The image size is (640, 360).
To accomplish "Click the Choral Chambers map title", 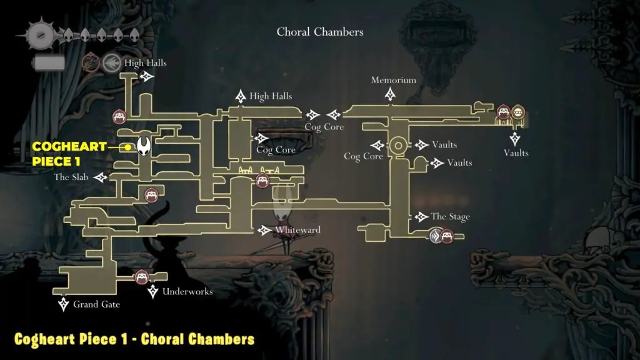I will pyautogui.click(x=320, y=31).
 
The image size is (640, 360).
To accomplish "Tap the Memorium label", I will pyautogui.click(x=393, y=80).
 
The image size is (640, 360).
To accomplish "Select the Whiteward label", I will pyautogui.click(x=297, y=230).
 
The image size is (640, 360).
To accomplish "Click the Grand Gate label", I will pyautogui.click(x=96, y=304).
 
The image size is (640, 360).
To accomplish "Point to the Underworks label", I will pyautogui.click(x=187, y=291).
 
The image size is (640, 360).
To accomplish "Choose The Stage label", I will pyautogui.click(x=450, y=217).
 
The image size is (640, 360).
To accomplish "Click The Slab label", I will pyautogui.click(x=70, y=177).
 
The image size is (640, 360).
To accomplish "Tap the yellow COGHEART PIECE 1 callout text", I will pyautogui.click(x=69, y=152).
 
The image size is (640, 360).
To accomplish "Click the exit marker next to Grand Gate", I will pyautogui.click(x=64, y=304).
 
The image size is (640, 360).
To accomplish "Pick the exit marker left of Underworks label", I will pyautogui.click(x=153, y=291).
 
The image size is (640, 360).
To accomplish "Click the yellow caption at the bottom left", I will pyautogui.click(x=134, y=339).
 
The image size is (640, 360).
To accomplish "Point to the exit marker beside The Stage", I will pyautogui.click(x=421, y=217).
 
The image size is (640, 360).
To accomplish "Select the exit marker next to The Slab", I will pyautogui.click(x=100, y=177).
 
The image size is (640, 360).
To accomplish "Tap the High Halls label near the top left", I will pyautogui.click(x=145, y=63).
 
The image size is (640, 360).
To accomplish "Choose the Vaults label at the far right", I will pyautogui.click(x=516, y=153).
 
